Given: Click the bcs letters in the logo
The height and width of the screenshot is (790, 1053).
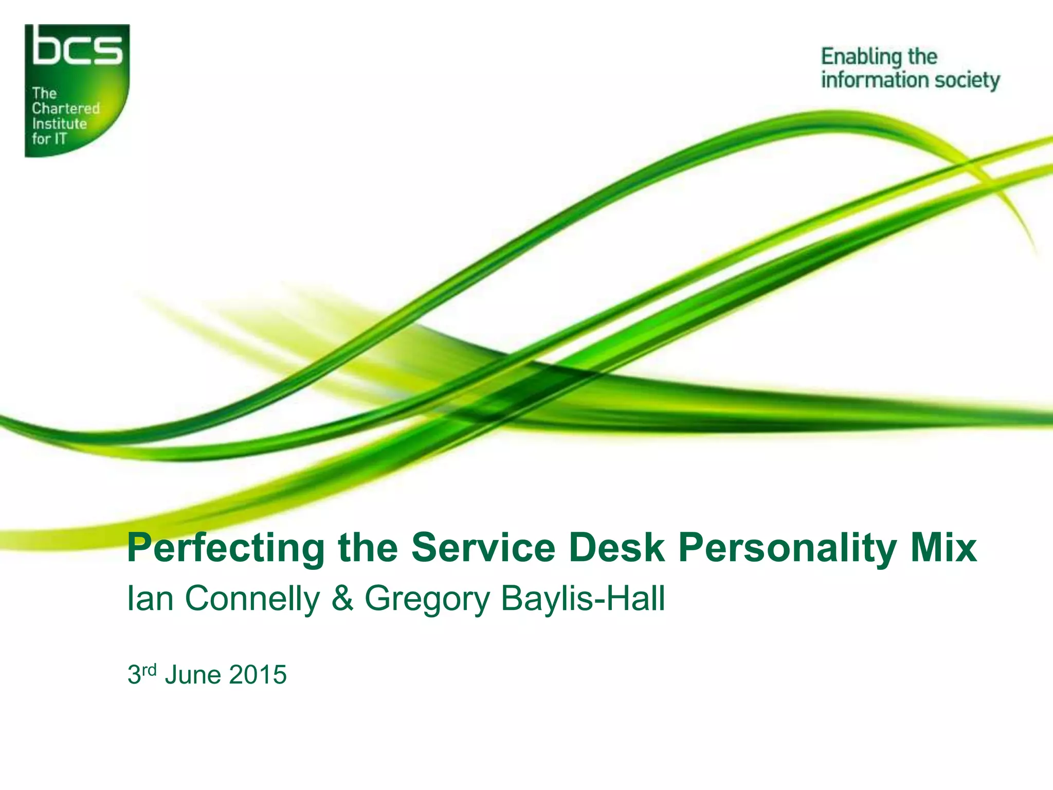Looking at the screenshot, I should coord(78,47).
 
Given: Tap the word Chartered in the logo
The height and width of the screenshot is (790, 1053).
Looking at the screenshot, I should coord(66,109).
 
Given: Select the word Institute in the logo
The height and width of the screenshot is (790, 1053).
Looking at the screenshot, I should coord(59,123).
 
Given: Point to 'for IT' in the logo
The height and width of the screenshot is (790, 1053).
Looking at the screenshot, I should coord(49,139).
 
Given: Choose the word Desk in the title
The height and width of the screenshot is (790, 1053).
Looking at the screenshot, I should coord(616,548).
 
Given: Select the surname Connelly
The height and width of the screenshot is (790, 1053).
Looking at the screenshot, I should coord(252,599).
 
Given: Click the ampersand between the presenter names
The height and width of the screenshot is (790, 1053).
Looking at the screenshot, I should coord(342,599).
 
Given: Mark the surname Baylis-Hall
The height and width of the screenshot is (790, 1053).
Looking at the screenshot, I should coord(583,599).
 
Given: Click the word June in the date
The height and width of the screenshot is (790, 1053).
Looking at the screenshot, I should coord(193,675).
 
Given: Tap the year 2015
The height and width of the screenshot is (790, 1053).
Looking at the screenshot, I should coord(258,675).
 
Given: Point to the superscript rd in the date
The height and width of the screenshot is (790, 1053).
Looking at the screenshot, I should coord(149,669).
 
